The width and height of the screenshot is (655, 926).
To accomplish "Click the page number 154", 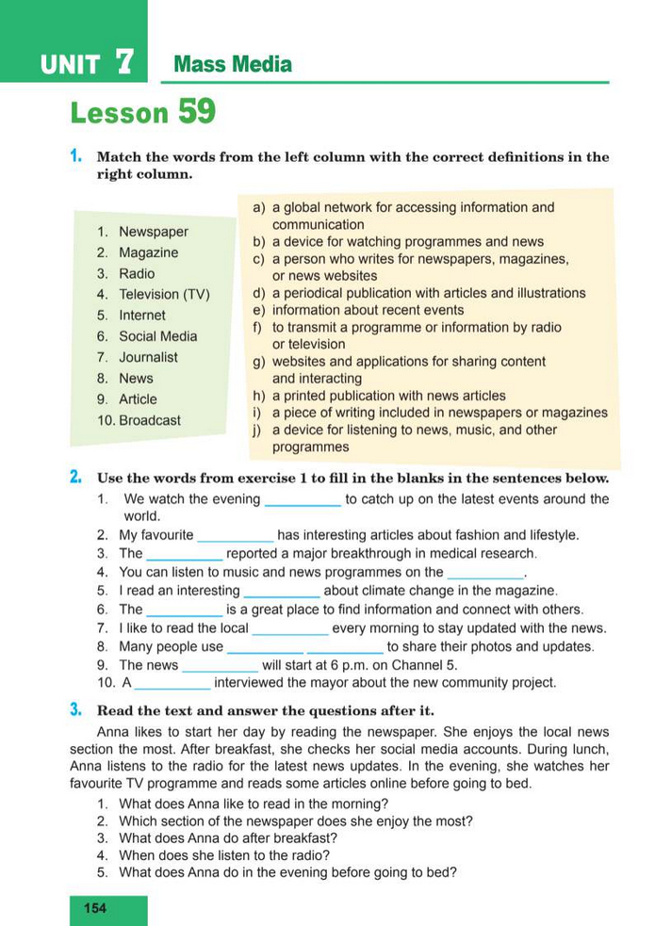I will (95, 908).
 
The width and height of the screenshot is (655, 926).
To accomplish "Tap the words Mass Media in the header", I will (233, 65).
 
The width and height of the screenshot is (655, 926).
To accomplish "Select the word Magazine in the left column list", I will (148, 252).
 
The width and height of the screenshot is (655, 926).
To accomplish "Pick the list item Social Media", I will (158, 336).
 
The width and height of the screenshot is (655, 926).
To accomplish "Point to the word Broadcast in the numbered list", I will (150, 420).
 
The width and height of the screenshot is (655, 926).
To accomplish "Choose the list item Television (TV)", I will (164, 295).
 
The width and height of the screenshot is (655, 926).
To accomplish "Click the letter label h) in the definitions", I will (258, 396).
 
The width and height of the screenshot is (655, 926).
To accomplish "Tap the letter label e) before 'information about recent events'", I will (258, 310).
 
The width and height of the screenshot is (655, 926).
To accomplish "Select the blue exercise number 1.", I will (74, 156).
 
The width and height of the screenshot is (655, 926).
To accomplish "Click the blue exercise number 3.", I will (74, 708).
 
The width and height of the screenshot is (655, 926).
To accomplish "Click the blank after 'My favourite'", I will (236, 535).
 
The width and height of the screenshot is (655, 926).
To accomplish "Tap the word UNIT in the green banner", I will (71, 65).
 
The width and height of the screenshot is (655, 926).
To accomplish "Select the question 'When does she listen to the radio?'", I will (224, 855).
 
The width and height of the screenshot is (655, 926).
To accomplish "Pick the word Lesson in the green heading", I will (119, 113).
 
